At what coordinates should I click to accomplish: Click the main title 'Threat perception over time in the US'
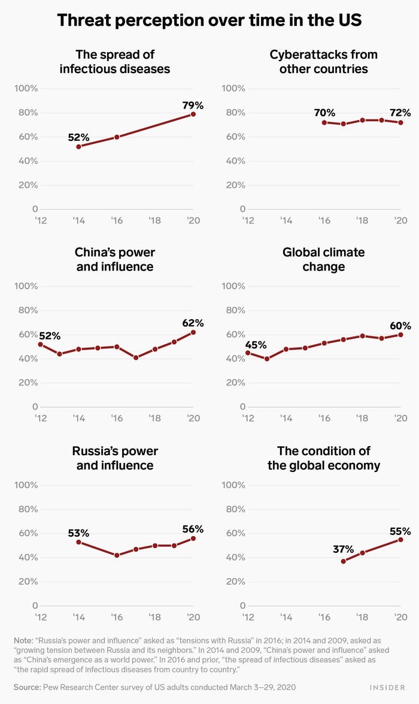tap(209, 21)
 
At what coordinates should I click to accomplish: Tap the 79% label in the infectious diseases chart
tap(193, 106)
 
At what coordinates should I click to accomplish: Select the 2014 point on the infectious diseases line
tap(78, 146)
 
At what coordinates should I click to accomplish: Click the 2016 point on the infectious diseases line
tap(117, 137)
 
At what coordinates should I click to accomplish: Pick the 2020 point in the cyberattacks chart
tap(400, 122)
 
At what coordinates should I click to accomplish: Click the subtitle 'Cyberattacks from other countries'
tap(324, 61)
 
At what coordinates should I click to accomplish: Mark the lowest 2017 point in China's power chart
tap(136, 357)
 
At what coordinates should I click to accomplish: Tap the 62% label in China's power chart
tap(193, 323)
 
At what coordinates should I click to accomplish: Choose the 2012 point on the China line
tap(40, 344)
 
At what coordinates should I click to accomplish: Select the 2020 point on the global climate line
tap(400, 335)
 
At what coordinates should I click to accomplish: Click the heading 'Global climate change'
tap(324, 259)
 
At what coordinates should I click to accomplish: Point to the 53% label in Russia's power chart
tap(78, 532)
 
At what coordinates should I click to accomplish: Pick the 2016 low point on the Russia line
tap(117, 555)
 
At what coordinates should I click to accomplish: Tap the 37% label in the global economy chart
tap(344, 549)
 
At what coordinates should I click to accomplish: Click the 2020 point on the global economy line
tap(400, 540)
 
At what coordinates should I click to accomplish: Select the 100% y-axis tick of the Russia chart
tap(26, 485)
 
